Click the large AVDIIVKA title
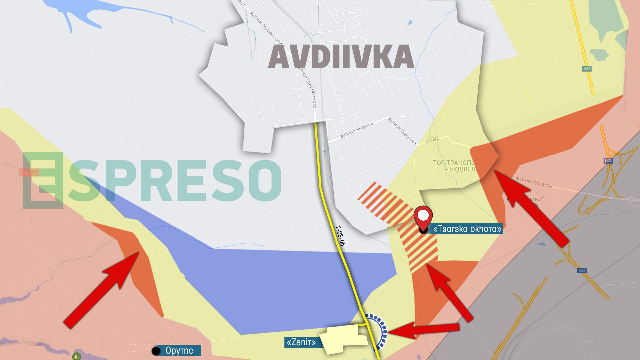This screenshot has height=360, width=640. pyautogui.click(x=341, y=57)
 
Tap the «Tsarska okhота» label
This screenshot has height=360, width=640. pyautogui.click(x=467, y=229)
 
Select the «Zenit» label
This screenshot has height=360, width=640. pyautogui.click(x=301, y=342)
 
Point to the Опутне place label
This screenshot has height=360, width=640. pyautogui.click(x=179, y=351)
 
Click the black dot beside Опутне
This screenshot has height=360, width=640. pyautogui.click(x=156, y=351)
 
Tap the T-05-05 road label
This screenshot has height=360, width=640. pyautogui.click(x=340, y=235)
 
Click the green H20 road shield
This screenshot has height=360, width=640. pyautogui.click(x=587, y=69)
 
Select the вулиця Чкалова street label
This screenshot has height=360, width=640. pyautogui.click(x=357, y=130)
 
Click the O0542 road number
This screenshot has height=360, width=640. pyautogui.click(x=432, y=140)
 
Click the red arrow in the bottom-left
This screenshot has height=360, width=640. pyautogui.click(x=102, y=290)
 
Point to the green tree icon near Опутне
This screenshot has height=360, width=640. pyautogui.click(x=77, y=356)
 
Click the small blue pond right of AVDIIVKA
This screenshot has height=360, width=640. pyautogui.click(x=410, y=23)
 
